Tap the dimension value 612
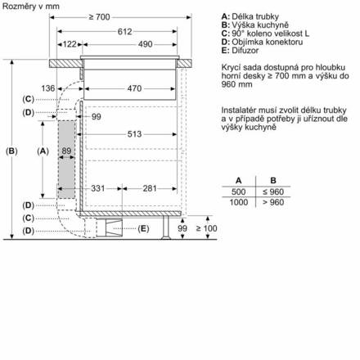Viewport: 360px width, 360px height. pyautogui.click(x=123, y=31)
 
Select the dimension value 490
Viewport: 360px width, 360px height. pyautogui.click(x=145, y=43)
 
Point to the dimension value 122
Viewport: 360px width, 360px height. pyautogui.click(x=70, y=43)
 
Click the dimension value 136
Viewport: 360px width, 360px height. pyautogui.click(x=47, y=88)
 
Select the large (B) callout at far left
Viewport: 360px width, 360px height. pyautogui.click(x=11, y=151)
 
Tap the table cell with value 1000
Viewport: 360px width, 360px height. pyautogui.click(x=238, y=201)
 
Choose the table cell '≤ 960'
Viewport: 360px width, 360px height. pyautogui.click(x=274, y=191)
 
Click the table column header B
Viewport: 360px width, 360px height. pyautogui.click(x=274, y=179)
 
